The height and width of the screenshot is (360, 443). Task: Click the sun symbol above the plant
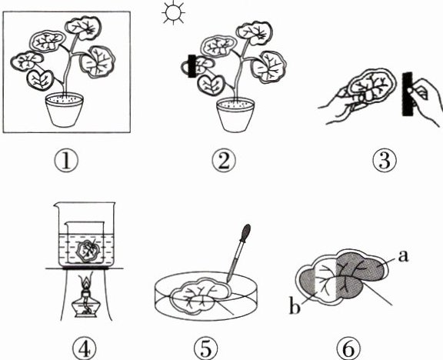point(173,13)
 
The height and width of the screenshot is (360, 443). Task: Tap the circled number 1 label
point(66,161)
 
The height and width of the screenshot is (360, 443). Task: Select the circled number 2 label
point(224,161)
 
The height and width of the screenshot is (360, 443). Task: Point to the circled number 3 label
point(385,161)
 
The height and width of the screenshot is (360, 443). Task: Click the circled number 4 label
point(85,349)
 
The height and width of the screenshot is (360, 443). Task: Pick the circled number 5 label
point(206,349)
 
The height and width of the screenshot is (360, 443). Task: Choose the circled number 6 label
point(349,349)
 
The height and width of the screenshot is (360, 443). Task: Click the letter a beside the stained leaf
point(403,257)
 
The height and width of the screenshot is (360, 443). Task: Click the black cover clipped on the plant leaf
point(192,66)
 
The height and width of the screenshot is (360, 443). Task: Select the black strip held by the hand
point(408,94)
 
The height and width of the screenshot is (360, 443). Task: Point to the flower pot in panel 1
point(65,110)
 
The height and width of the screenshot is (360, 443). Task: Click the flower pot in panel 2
point(235,115)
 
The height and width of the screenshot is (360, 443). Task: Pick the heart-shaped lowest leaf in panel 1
point(40,80)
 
